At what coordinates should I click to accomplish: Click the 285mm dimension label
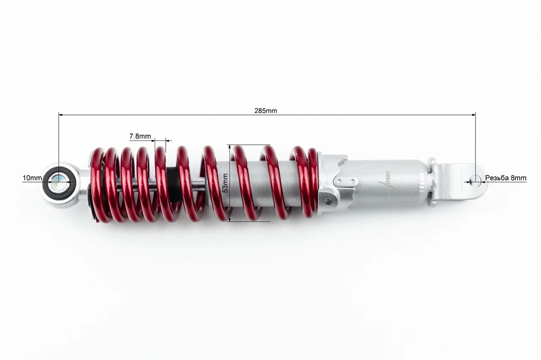pyautogui.click(x=266, y=111)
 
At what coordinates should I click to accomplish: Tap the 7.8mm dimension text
pyautogui.click(x=140, y=136)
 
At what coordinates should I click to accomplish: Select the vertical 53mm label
pyautogui.click(x=225, y=183)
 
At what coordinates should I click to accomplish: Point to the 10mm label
pyautogui.click(x=32, y=178)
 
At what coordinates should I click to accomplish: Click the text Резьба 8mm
pyautogui.click(x=506, y=178)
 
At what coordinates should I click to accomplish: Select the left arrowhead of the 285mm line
pyautogui.click(x=60, y=115)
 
